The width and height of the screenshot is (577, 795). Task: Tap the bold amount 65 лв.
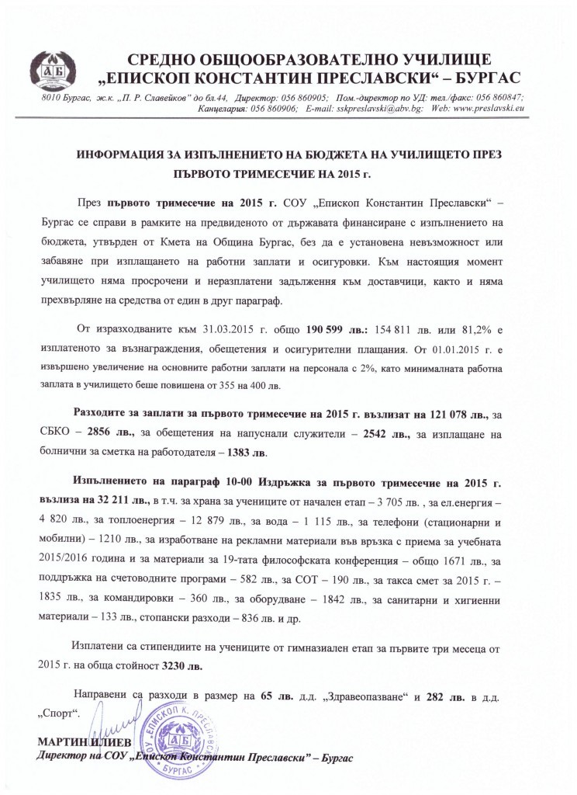(x=275, y=695)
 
